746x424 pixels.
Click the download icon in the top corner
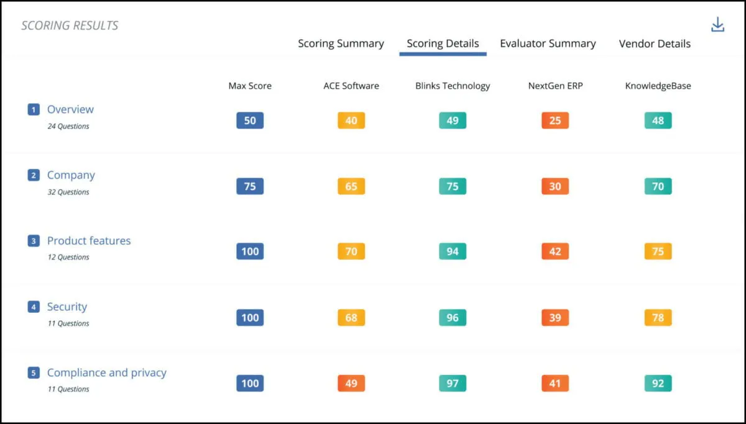717,25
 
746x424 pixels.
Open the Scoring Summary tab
341,43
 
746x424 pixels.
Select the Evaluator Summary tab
548,43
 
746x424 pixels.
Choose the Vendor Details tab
655,43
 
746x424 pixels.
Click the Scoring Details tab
443,43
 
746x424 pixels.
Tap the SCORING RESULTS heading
70,25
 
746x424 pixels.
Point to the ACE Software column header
351,86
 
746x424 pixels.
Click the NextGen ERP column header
555,86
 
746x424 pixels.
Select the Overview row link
70,109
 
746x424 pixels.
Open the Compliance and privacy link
106,372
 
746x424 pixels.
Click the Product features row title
89,241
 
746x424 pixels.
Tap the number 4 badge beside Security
34,307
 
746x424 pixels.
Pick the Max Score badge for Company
250,186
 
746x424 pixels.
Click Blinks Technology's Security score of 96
453,318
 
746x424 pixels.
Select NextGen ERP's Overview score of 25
555,120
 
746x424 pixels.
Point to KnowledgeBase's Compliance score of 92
658,383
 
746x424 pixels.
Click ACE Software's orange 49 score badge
351,383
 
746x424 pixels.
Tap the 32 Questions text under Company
68,192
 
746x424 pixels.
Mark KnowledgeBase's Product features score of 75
658,251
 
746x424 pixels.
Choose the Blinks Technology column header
453,86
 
